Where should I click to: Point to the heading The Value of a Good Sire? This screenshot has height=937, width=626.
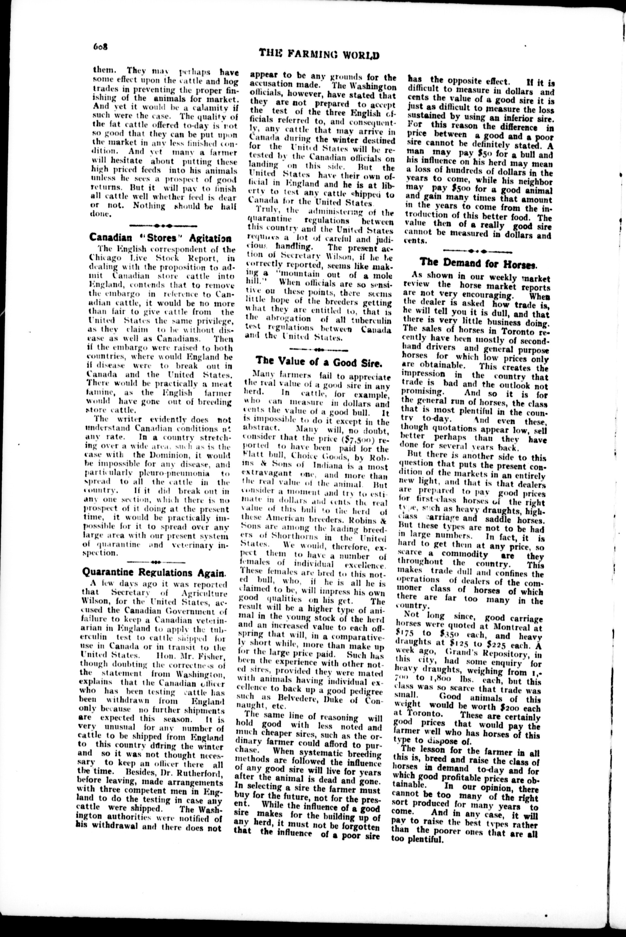pos(319,361)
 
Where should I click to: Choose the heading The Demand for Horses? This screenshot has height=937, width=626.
pos(478,263)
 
